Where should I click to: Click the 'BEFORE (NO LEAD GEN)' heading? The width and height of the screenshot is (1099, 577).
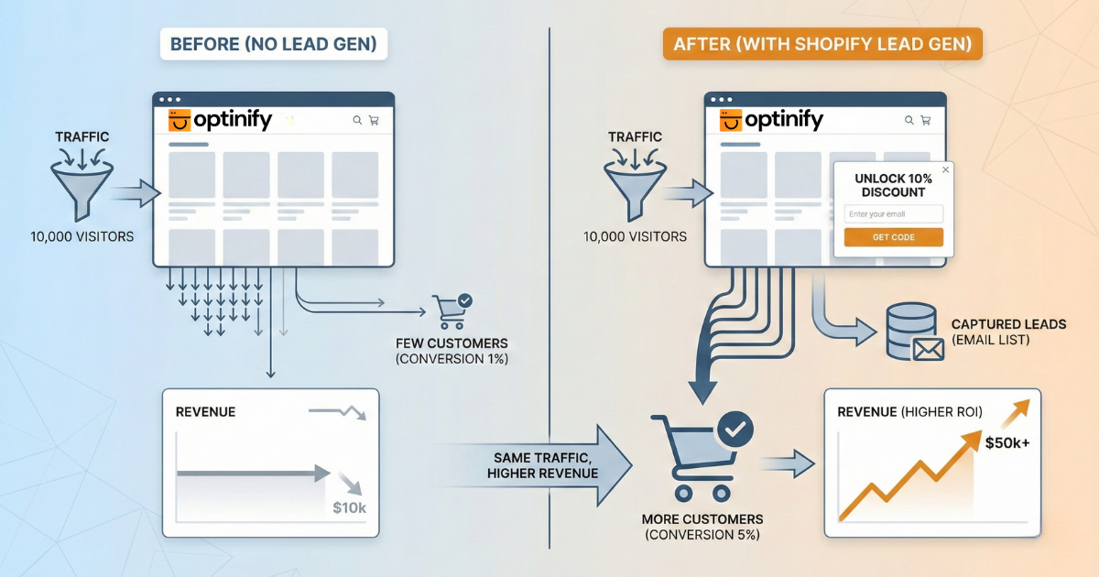272,44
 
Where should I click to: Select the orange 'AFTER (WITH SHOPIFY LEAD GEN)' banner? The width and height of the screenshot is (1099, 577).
822,44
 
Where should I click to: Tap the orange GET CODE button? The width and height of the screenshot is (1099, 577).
893,237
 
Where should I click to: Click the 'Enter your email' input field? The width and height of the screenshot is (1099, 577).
893,214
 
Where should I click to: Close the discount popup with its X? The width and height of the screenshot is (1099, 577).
945,169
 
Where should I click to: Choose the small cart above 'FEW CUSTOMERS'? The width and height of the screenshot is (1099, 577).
452,311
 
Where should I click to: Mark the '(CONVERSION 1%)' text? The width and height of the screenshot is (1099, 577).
452,358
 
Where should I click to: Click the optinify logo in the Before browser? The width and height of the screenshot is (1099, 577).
221,120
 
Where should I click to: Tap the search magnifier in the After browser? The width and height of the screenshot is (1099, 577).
908,120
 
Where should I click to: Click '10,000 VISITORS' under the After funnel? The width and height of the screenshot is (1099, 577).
635,236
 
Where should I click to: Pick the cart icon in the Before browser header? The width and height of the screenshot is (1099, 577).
374,120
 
